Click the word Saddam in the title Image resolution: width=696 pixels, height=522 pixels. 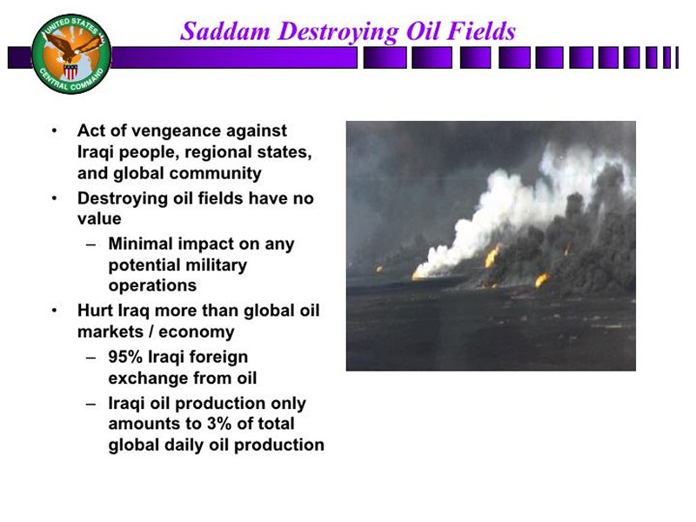[225, 31]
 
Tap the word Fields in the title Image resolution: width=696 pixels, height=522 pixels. [481, 31]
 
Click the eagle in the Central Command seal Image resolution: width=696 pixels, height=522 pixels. [72, 48]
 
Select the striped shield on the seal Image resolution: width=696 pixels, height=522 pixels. [70, 71]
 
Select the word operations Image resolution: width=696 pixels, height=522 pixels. [152, 286]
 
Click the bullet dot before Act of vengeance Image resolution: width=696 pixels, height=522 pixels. [54, 131]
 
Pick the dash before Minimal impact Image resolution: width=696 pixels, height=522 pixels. [91, 244]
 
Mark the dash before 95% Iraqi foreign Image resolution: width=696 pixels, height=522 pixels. [91, 358]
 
